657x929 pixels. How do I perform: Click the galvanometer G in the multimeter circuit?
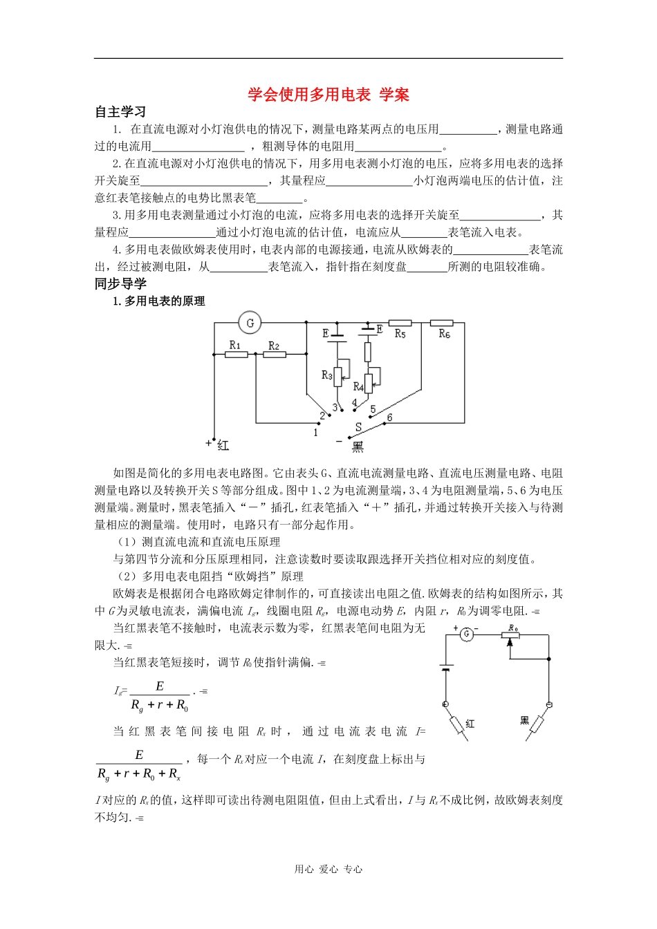pyautogui.click(x=250, y=323)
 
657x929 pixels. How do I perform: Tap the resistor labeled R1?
pyautogui.click(x=236, y=355)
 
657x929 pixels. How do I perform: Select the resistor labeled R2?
pyautogui.click(x=274, y=355)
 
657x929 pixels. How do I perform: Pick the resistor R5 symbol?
pyautogui.click(x=400, y=323)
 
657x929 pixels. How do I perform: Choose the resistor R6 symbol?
pyautogui.click(x=441, y=323)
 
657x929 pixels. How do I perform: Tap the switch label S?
pyautogui.click(x=358, y=427)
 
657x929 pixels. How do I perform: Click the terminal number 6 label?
pyautogui.click(x=389, y=417)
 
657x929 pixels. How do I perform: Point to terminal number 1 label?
pyautogui.click(x=316, y=433)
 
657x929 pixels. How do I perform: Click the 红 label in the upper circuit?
pyautogui.click(x=223, y=446)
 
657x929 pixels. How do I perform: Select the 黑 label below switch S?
pyautogui.click(x=358, y=447)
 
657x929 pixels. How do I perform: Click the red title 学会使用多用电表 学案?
pyautogui.click(x=328, y=95)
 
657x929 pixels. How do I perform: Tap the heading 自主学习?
pyautogui.click(x=120, y=112)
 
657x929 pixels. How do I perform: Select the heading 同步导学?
pyautogui.click(x=120, y=283)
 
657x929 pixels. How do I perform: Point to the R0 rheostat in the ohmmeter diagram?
pyautogui.click(x=511, y=635)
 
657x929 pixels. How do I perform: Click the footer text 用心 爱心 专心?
pyautogui.click(x=328, y=870)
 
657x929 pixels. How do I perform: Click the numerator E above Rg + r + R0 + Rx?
pyautogui.click(x=139, y=755)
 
